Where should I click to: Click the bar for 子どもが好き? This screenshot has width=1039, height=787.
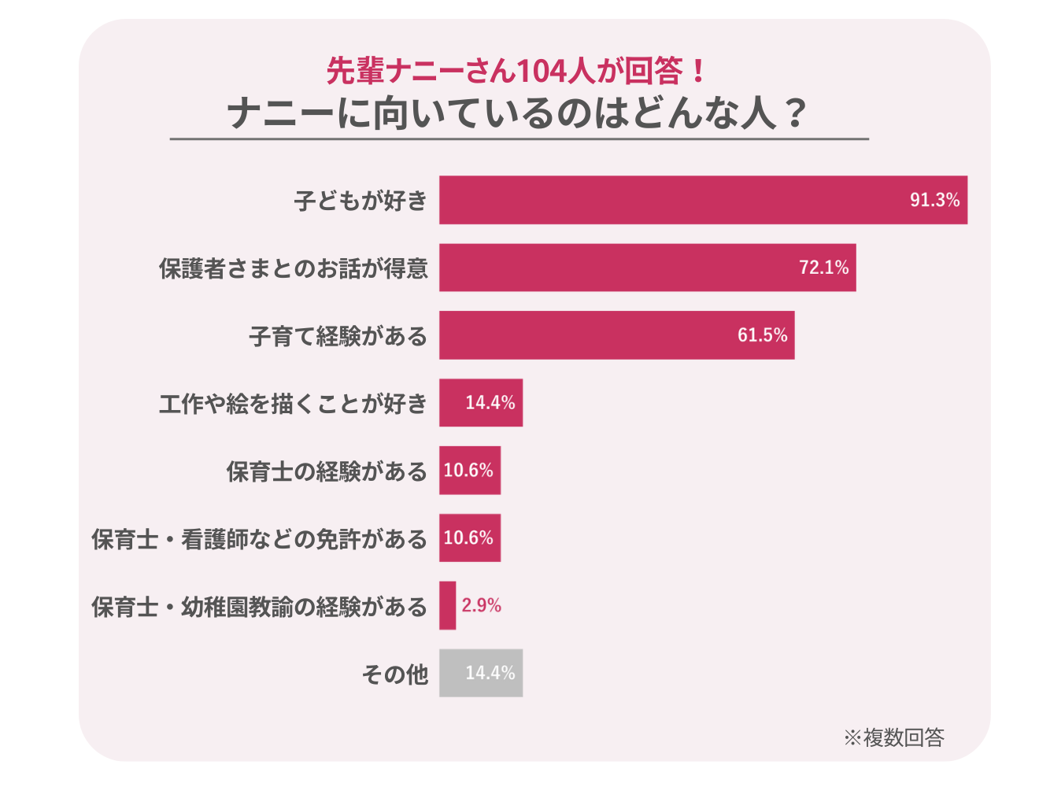pos(669,200)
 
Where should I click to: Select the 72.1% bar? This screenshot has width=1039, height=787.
pos(614,268)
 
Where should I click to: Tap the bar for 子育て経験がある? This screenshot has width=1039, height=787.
pos(582,335)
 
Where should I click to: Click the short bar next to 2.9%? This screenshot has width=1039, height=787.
pos(447,605)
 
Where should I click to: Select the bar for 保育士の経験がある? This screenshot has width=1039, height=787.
pos(469,471)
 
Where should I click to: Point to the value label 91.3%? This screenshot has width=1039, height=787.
pos(934,200)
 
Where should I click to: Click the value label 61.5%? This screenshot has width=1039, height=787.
pos(762,335)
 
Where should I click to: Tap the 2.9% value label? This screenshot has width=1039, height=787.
pos(481,605)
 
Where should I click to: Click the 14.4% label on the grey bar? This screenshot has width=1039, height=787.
pos(490,673)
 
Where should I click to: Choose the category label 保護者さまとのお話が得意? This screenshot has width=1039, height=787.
pos(294,268)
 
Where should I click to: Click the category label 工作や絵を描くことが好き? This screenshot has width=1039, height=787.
pos(294,404)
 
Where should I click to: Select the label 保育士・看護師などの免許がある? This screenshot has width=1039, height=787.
pos(260,539)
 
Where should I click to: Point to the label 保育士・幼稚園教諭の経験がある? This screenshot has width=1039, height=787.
pos(260,607)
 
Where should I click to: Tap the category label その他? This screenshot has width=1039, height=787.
pos(394,674)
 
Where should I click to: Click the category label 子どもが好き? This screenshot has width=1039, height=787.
pos(361,201)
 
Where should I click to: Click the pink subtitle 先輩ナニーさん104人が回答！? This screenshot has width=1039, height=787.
pos(517,72)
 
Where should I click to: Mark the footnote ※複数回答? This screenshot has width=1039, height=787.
pos(893,737)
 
